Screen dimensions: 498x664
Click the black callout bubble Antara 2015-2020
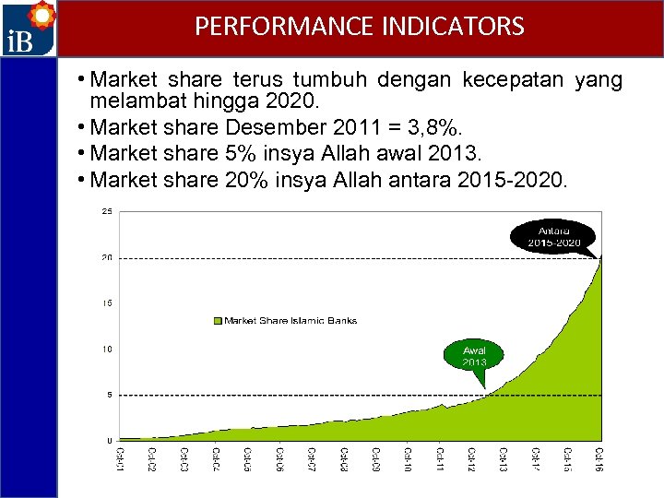[x=554, y=235]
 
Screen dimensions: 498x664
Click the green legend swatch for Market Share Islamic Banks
[x=218, y=321]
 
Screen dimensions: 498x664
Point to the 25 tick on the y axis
[x=107, y=211]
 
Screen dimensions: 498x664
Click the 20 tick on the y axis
[x=107, y=257]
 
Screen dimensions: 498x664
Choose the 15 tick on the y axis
[x=107, y=302]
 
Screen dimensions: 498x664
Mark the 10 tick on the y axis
[x=107, y=349]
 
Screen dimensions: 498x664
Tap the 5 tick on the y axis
[x=110, y=395]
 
